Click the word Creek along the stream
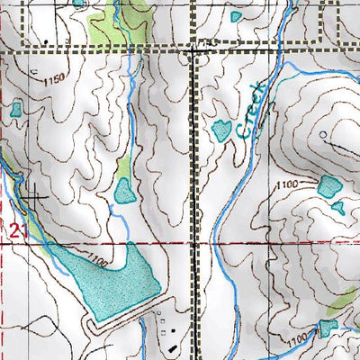click(x=252, y=110)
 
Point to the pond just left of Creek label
click(x=221, y=130)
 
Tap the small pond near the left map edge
click(x=15, y=110)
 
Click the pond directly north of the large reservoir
click(x=124, y=190)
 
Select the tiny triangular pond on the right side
click(x=338, y=208)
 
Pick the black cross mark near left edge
click(x=37, y=192)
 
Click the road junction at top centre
click(x=198, y=51)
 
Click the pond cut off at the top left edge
click(x=80, y=3)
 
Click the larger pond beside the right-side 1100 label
click(x=329, y=186)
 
